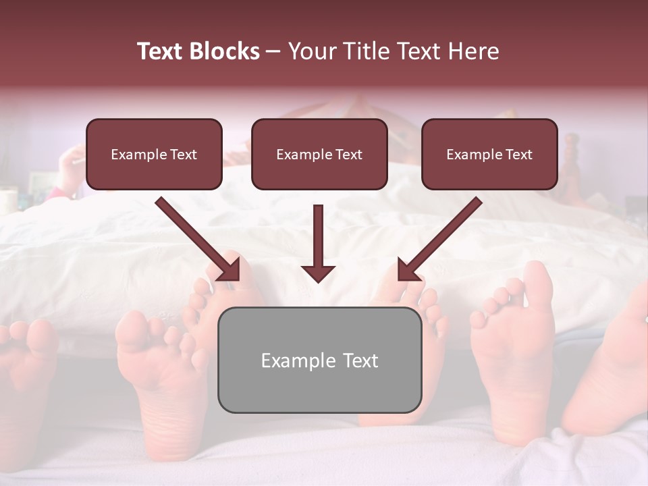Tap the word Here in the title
[x=474, y=51]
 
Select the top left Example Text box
[x=154, y=155]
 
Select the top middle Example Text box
[x=319, y=155]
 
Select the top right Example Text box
[x=489, y=155]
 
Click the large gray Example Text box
[x=319, y=360]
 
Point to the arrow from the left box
[x=196, y=238]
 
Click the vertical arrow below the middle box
[x=318, y=240]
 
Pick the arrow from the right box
[x=441, y=238]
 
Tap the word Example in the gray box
[x=298, y=360]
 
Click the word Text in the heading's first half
[x=163, y=51]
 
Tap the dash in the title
[x=273, y=51]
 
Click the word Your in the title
[x=312, y=51]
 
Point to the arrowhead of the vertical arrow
[x=318, y=273]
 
